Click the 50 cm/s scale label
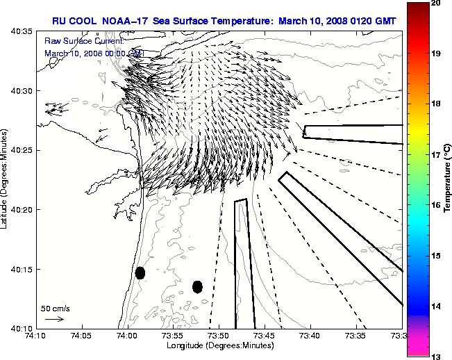tap(56, 308)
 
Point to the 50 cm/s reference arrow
tap(54, 319)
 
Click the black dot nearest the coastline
tap(140, 272)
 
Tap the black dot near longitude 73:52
tap(197, 286)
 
